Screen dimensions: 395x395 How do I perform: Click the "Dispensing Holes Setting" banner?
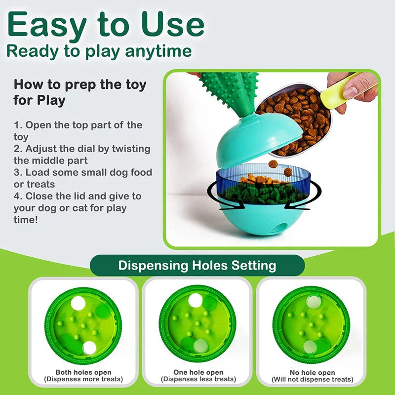tap(197, 266)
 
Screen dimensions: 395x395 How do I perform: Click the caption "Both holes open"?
tap(83, 372)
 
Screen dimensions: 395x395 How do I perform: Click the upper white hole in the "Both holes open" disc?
tap(78, 304)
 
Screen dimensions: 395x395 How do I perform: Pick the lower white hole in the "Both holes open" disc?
tap(89, 348)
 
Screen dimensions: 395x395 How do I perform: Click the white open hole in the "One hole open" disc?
tap(196, 300)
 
